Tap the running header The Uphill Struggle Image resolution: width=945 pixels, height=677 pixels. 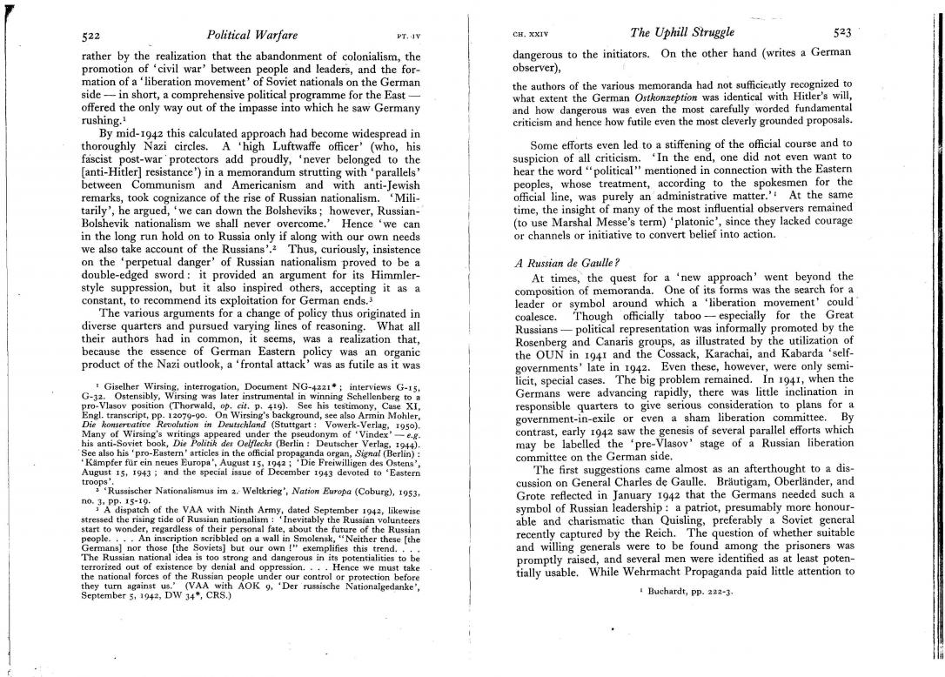[681, 34]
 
